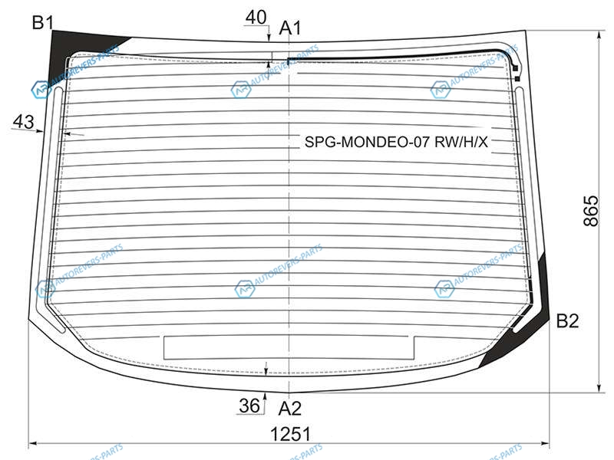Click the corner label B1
coord(43,22)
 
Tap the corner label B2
coord(567,320)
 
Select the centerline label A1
coord(290,28)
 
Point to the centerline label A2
coord(290,409)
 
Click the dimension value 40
coord(256,17)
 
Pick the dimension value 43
coord(24,122)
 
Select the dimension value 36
coord(249,406)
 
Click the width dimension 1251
coord(291,434)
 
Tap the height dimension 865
coord(591,211)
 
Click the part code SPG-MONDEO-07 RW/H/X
coord(396,142)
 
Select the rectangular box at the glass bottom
coord(289,347)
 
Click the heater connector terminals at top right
coord(516,73)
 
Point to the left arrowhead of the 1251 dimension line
coord(33,444)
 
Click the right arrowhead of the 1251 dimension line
coord(545,444)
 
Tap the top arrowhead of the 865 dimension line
coord(599,35)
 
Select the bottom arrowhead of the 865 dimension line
coord(599,388)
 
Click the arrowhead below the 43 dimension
coord(40,130)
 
